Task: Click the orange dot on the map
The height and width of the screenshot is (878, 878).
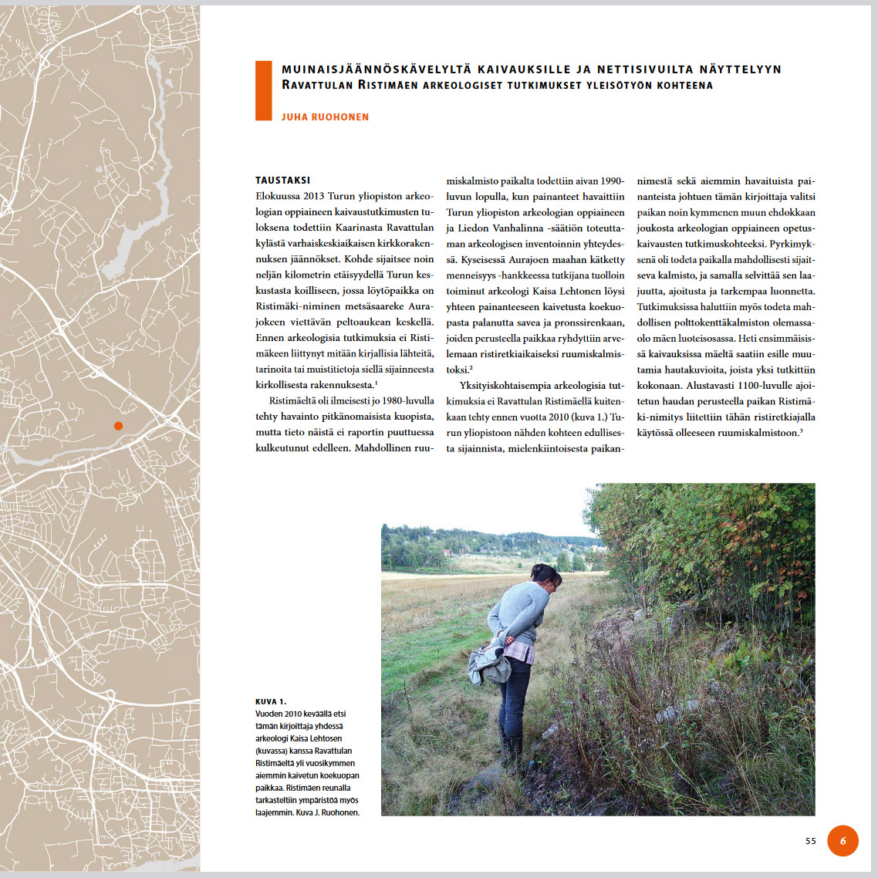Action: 118,426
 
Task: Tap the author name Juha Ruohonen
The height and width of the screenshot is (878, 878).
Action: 325,117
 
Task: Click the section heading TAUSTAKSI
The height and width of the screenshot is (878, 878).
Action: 282,180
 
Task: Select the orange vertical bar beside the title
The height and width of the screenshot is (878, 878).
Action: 263,90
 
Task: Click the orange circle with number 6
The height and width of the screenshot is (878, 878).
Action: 843,840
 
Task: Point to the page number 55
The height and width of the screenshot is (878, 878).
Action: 810,841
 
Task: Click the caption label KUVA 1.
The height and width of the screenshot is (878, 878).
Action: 271,701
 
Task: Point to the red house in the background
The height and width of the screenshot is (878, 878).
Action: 447,553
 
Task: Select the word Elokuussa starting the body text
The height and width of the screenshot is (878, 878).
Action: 278,196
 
